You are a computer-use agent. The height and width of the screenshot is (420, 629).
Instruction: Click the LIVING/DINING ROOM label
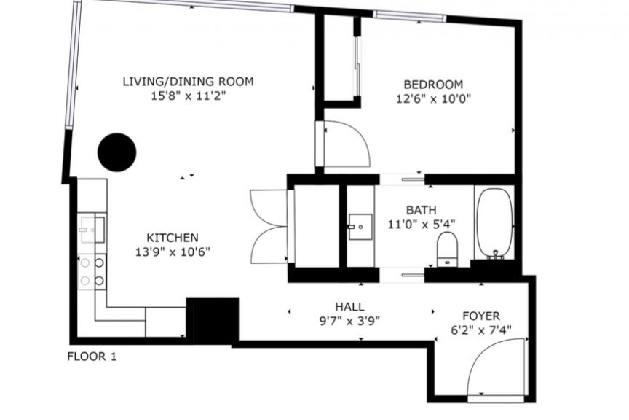tap(188, 82)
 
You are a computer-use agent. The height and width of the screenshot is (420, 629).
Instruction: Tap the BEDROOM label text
tap(433, 85)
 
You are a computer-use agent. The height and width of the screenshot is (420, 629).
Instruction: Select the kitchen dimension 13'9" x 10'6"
tap(173, 252)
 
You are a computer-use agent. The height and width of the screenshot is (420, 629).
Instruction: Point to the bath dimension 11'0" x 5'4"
tap(422, 224)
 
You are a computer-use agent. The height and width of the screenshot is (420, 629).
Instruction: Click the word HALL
tap(349, 307)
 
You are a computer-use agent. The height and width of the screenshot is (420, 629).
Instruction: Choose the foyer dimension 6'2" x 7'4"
tap(481, 330)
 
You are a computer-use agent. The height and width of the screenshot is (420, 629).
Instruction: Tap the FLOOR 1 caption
tap(92, 357)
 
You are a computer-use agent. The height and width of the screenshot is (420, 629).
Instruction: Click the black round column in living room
tap(116, 152)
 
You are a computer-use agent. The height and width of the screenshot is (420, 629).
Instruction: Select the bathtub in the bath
tap(494, 222)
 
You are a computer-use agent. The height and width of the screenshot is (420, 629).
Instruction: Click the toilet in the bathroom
tap(447, 249)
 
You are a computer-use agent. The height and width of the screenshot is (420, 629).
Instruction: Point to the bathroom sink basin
tap(360, 227)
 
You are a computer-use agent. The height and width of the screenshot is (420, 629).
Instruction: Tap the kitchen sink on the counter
tap(92, 230)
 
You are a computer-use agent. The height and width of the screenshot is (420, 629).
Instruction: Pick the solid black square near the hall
tap(213, 320)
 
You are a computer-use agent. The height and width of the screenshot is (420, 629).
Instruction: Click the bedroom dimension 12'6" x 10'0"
tap(433, 98)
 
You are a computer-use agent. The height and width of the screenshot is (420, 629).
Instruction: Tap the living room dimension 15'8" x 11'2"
tap(188, 96)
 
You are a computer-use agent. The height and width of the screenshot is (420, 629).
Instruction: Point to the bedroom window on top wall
tap(410, 16)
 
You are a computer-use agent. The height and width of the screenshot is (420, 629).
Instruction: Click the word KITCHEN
tap(173, 238)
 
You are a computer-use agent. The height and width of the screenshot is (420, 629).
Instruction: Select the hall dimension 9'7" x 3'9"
tap(349, 321)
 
